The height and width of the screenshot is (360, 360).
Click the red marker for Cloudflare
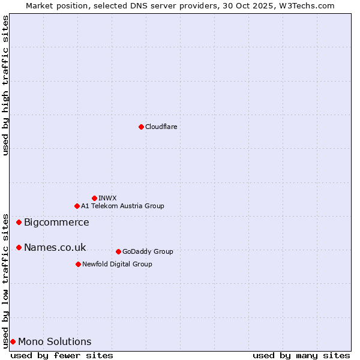141,127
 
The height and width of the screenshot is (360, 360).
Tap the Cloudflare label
161,127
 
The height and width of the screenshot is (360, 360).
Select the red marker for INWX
94,198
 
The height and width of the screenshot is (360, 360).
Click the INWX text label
107,198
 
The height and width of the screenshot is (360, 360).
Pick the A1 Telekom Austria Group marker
77,206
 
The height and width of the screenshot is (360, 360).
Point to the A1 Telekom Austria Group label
122,206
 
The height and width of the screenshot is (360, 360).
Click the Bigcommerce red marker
19,222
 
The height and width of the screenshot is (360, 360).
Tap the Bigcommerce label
56,223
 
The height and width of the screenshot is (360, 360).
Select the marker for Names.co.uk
19,247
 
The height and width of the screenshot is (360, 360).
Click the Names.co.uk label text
55,248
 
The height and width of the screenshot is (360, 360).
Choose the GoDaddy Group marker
118,251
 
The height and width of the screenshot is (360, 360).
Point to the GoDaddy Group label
148,251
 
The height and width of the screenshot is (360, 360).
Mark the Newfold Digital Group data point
78,264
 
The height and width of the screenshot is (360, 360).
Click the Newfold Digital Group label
117,264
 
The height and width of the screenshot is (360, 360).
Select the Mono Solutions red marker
13,341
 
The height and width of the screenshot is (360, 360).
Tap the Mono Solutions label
55,342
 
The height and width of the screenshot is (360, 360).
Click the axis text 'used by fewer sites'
62,355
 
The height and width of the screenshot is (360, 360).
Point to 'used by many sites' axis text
301,355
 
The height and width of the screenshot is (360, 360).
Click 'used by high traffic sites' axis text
6,86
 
